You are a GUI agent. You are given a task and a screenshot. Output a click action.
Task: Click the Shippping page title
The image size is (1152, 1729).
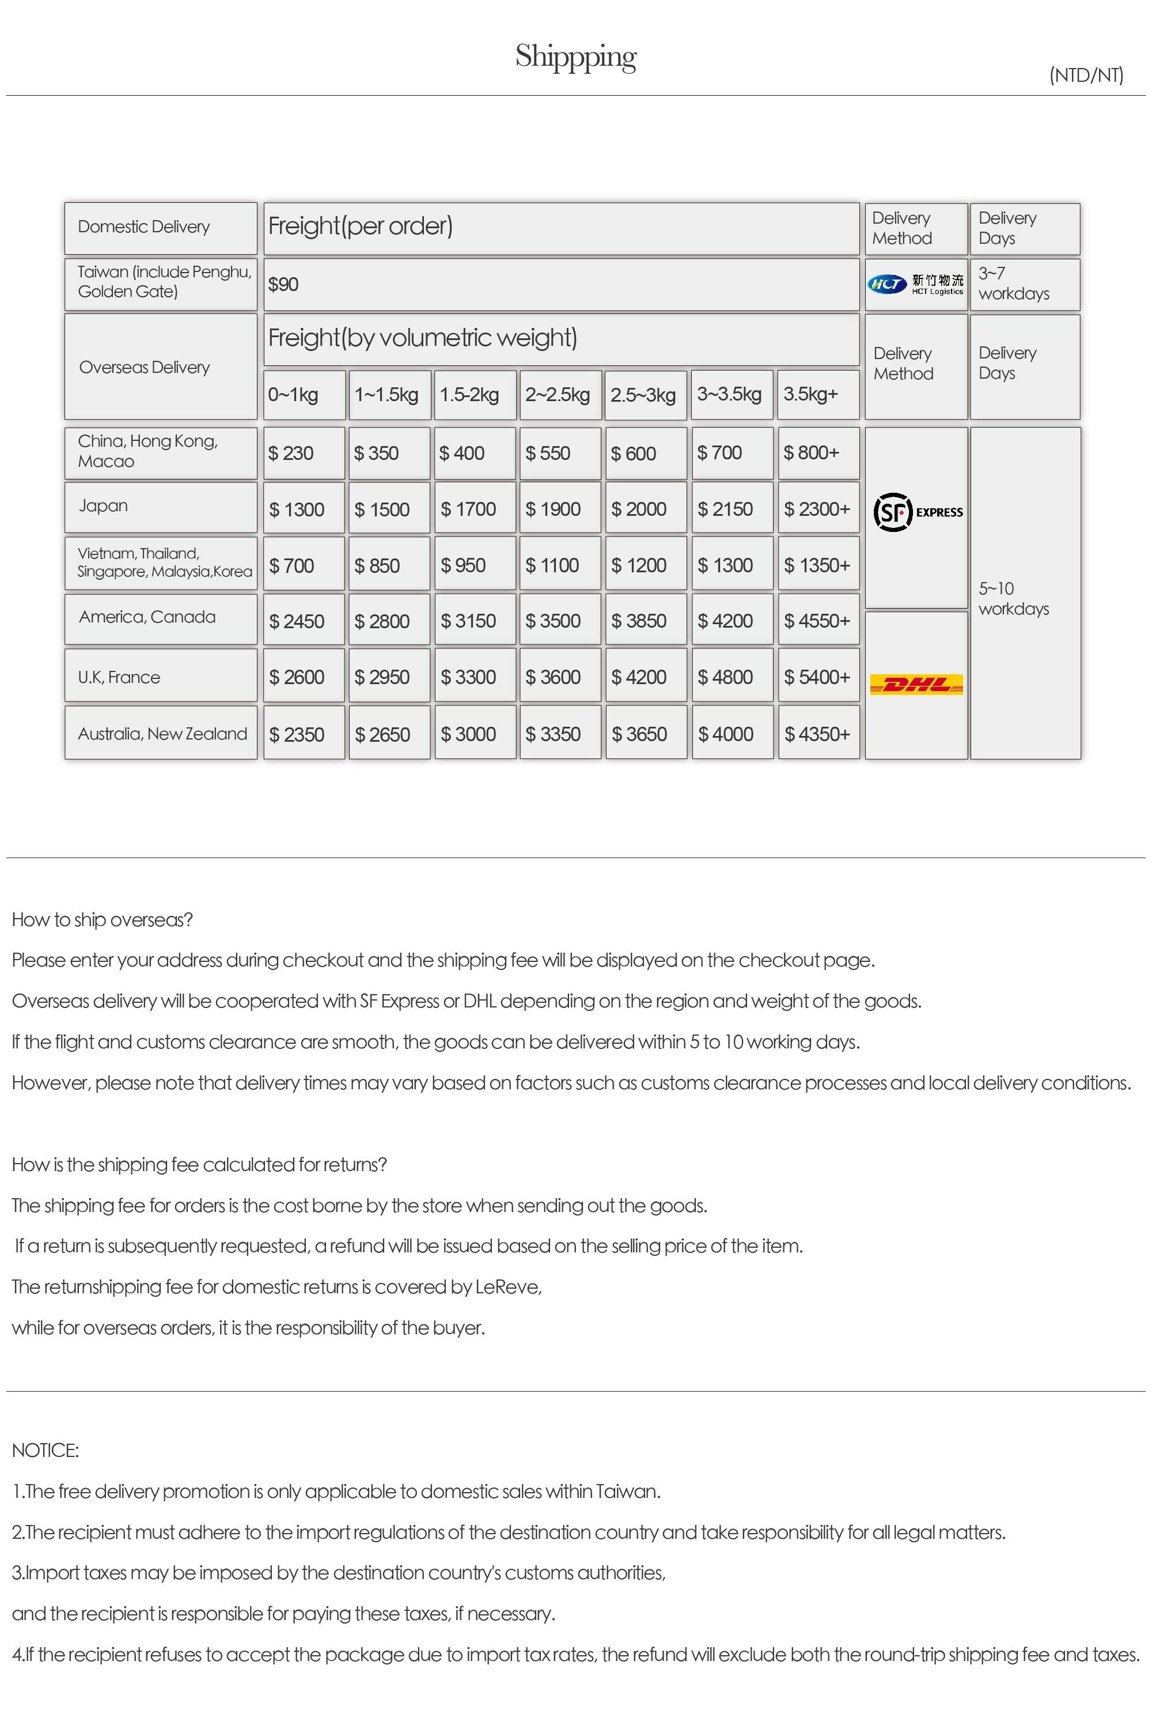coord(575,56)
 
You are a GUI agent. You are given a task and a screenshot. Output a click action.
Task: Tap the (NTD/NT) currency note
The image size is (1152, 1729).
coord(1086,75)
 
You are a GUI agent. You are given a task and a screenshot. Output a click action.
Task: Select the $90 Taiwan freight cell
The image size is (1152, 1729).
coord(283,285)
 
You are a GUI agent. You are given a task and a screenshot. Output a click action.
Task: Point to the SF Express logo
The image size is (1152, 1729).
coord(918,512)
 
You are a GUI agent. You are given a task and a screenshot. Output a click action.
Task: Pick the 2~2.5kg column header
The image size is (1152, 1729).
coord(558,395)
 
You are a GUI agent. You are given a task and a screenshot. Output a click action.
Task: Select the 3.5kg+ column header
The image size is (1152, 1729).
coord(810,394)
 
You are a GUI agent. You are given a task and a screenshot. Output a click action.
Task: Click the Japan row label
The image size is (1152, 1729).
coord(104,507)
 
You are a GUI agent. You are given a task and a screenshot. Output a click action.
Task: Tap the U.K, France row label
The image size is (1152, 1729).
coord(119,677)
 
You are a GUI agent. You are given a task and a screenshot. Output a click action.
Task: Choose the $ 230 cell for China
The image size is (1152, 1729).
coord(291,454)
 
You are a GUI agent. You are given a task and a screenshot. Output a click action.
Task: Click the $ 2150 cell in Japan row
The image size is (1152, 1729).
coord(725,509)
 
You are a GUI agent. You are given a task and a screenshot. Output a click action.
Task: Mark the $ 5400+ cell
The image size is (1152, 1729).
coord(817,677)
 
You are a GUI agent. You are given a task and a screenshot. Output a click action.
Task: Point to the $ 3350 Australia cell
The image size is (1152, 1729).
coord(553,734)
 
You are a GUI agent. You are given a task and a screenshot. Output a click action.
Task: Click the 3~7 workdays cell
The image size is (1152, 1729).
coord(1014,284)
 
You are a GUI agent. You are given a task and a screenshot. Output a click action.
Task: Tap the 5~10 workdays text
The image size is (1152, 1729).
coord(1014,598)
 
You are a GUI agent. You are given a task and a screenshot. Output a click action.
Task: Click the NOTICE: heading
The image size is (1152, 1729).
coord(46,1451)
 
